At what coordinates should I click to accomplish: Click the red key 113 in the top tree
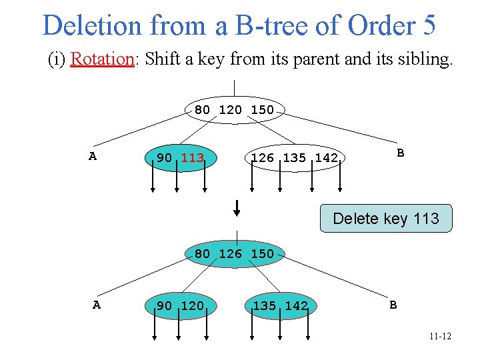coord(192,158)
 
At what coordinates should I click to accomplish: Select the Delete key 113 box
coord(385,219)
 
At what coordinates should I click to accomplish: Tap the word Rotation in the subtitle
coord(102,59)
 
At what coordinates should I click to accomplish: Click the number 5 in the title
coord(429,25)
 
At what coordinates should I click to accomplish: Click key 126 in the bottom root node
coord(230,253)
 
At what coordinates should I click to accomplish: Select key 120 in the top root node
coord(230,109)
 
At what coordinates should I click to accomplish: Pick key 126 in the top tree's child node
coord(262,158)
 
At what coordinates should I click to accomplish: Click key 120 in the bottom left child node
coord(192,305)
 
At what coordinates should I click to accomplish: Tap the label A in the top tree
coord(93,156)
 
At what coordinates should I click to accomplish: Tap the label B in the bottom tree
coord(393,305)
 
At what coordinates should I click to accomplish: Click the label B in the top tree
coord(400,153)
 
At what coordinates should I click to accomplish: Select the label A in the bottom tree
coord(97,305)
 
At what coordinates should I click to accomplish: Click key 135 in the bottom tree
coord(265,305)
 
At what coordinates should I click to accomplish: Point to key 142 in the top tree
coord(326,158)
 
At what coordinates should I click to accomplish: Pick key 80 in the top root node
coord(202,109)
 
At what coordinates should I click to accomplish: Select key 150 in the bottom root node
coord(262,253)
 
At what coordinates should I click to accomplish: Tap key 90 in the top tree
coord(164,158)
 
